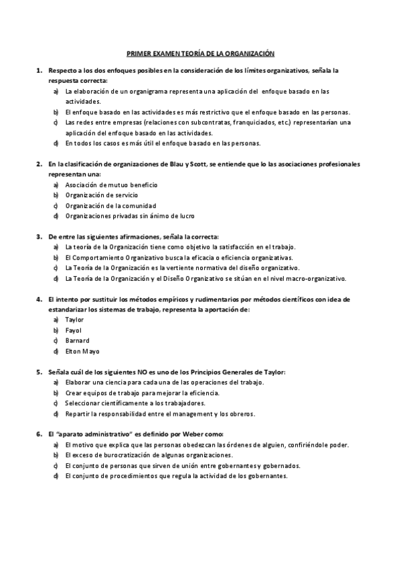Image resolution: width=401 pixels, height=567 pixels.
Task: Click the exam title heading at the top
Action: [x=201, y=53]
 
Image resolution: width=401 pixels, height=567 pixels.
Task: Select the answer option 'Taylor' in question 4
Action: [x=74, y=319]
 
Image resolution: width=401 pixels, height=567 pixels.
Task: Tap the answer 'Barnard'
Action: [x=77, y=340]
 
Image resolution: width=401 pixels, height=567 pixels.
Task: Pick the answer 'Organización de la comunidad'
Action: [x=110, y=205]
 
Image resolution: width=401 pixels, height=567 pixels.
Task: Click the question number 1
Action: [x=39, y=70]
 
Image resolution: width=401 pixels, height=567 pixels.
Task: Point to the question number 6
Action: [x=39, y=434]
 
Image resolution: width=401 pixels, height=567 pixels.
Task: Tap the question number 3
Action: [x=39, y=237]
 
